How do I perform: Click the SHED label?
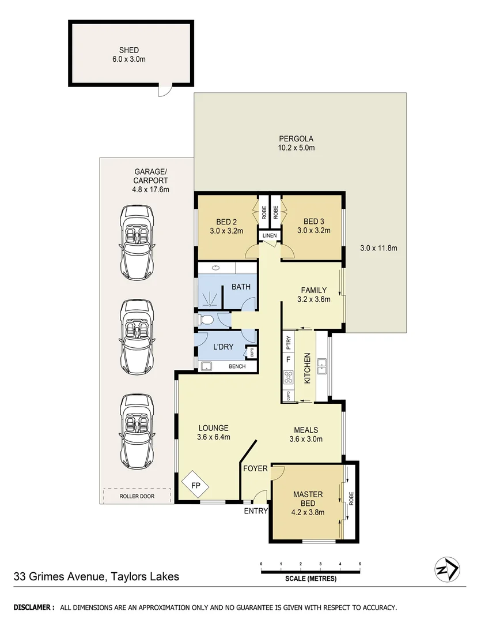129,50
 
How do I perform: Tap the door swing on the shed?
165,89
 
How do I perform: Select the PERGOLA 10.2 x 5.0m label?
296,143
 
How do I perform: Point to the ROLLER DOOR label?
137,496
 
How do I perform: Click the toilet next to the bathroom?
205,319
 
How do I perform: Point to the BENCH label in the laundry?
237,366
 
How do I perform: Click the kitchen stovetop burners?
287,378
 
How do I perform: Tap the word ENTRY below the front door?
256,511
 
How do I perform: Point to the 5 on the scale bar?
359,564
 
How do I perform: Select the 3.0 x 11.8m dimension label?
379,248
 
